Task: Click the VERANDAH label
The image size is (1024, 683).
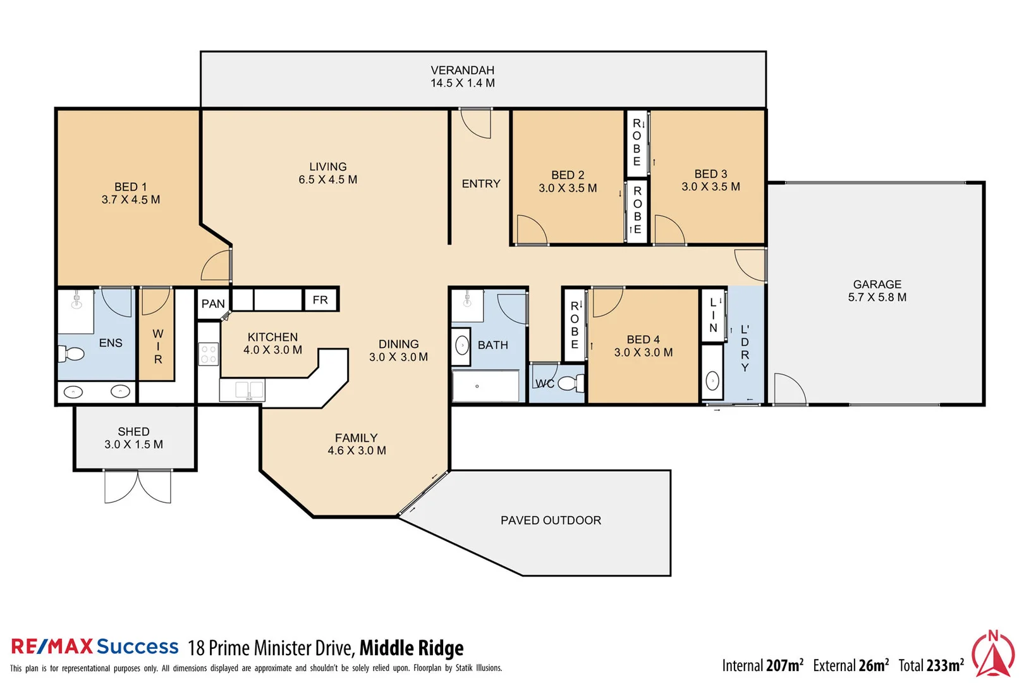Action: tap(462, 70)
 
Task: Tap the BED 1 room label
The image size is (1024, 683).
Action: tap(130, 187)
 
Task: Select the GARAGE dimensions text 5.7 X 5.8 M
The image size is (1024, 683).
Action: tap(877, 297)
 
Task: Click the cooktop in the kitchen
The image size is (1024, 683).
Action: tap(209, 354)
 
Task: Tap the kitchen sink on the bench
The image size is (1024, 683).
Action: tap(248, 390)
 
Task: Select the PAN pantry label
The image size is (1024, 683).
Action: tap(213, 304)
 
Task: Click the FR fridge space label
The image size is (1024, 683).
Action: tap(320, 300)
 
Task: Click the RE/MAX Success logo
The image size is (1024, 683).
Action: tap(95, 647)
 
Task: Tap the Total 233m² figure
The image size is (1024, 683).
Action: tap(931, 665)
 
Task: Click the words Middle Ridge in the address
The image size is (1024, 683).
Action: tap(411, 648)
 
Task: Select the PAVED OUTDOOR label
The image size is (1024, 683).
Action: tap(551, 520)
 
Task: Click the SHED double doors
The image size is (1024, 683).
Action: tap(138, 487)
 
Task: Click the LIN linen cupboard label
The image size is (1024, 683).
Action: tap(713, 315)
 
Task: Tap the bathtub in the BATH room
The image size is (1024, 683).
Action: tap(485, 386)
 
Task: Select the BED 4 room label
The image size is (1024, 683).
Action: tap(643, 340)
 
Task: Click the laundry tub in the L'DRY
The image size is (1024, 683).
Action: tap(712, 381)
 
